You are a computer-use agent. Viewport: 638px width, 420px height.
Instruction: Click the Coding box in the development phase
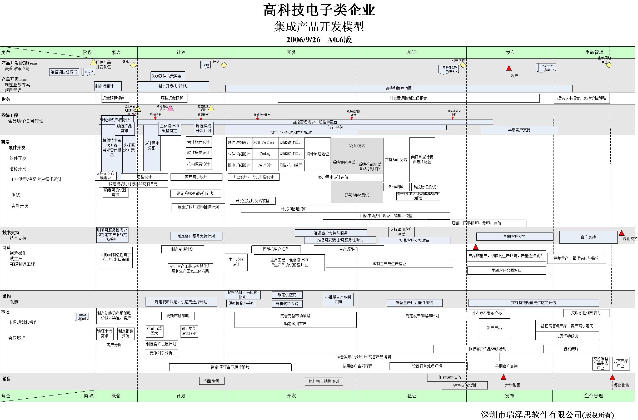point(265,154)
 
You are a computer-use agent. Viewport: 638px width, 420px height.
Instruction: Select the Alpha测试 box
point(357,146)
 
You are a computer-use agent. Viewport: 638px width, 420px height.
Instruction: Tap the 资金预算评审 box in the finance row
point(115,98)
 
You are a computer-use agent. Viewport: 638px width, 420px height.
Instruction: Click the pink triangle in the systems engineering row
point(170,108)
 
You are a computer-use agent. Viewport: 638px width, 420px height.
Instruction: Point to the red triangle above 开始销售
point(504,377)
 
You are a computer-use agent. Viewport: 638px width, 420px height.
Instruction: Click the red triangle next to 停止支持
point(622,233)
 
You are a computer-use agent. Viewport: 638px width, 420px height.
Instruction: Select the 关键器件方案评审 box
point(168,76)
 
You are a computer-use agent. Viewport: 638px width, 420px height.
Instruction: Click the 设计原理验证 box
point(318,154)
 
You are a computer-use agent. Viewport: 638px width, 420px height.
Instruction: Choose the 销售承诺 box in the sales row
point(212,381)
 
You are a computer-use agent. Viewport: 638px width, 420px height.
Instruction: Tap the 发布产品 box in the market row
point(494,328)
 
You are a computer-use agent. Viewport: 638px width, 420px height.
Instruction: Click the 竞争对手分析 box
point(161,353)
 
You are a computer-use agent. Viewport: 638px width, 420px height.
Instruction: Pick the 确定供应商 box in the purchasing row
point(287,295)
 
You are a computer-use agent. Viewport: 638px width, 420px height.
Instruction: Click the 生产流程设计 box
point(236,262)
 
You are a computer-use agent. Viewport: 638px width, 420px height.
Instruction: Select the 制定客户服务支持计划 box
point(196,236)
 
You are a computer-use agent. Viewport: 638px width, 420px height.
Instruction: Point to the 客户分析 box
point(114,345)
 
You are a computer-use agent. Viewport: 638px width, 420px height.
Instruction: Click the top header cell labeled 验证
point(412,52)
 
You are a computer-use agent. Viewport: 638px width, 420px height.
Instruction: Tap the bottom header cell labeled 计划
point(181,396)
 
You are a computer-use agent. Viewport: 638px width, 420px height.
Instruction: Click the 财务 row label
point(6,99)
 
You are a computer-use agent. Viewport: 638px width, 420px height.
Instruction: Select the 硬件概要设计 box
point(199,142)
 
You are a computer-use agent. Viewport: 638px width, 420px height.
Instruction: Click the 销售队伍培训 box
point(465,386)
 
